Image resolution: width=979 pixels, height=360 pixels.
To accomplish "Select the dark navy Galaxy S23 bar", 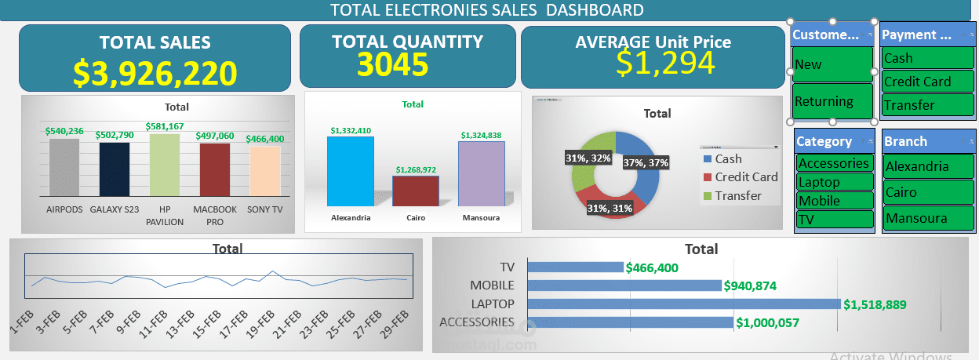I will click(x=115, y=169).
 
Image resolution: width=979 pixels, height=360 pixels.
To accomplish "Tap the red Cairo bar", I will click(x=415, y=191).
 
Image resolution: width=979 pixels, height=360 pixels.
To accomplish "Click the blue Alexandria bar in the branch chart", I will click(x=350, y=171).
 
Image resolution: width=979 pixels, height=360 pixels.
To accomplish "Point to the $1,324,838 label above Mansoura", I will click(x=480, y=135).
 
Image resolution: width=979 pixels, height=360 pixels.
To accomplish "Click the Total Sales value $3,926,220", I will click(x=155, y=72).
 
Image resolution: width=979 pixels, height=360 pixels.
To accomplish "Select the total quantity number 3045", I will click(x=392, y=65).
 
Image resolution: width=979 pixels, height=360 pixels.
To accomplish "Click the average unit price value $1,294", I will click(x=665, y=63).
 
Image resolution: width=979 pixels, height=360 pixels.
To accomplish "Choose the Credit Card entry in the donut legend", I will click(x=746, y=177).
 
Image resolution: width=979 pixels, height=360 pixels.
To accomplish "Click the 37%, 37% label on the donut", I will click(x=645, y=162).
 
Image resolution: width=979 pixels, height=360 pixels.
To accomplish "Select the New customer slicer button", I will click(x=832, y=64).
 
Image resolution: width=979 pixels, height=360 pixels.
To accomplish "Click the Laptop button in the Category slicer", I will click(x=835, y=182).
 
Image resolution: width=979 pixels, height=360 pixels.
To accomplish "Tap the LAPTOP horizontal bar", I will click(x=682, y=304).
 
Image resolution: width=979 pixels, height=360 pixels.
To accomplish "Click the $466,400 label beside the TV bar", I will click(x=653, y=267).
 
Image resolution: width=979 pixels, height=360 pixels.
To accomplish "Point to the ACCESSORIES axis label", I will click(x=477, y=322).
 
